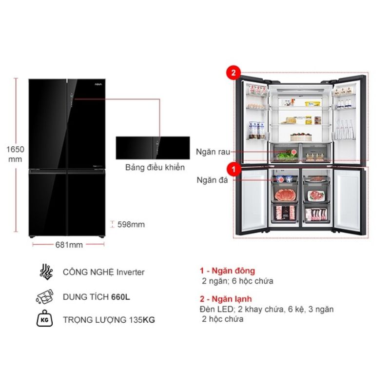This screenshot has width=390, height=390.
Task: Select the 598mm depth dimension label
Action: (131, 224)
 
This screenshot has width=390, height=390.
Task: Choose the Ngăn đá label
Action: (210, 179)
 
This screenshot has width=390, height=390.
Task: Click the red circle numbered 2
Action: (233, 74)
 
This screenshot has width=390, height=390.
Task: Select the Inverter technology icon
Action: (46, 272)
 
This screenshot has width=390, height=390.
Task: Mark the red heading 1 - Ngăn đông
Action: (227, 271)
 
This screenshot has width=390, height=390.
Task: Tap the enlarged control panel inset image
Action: (152, 147)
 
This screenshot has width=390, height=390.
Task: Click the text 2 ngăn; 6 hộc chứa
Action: (237, 281)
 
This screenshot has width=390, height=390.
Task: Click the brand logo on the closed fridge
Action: (97, 84)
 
